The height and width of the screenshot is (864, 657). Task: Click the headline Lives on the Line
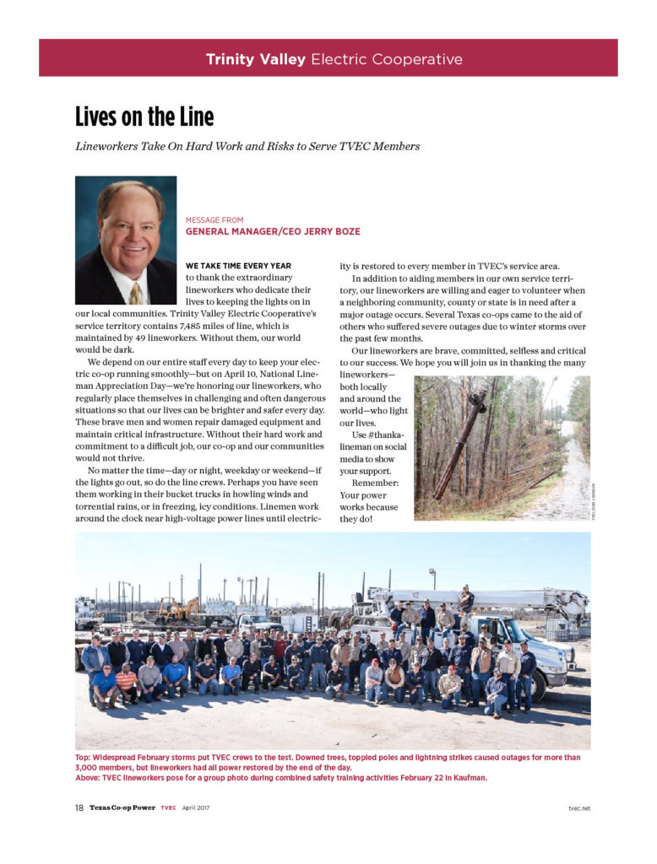pos(144,116)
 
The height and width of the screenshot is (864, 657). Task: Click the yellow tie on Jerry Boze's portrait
pos(136,292)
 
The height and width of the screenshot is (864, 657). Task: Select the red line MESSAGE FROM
pos(214,220)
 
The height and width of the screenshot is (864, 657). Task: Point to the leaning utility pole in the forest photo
pos(460,447)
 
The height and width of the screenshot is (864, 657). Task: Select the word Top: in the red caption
pos(85,758)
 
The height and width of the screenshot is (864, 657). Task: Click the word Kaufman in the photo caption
pos(470,777)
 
